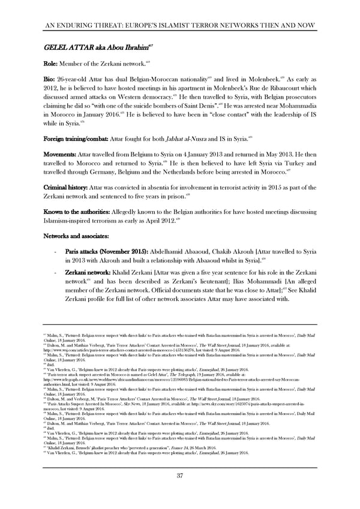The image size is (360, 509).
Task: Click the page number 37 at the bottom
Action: point(180,476)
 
